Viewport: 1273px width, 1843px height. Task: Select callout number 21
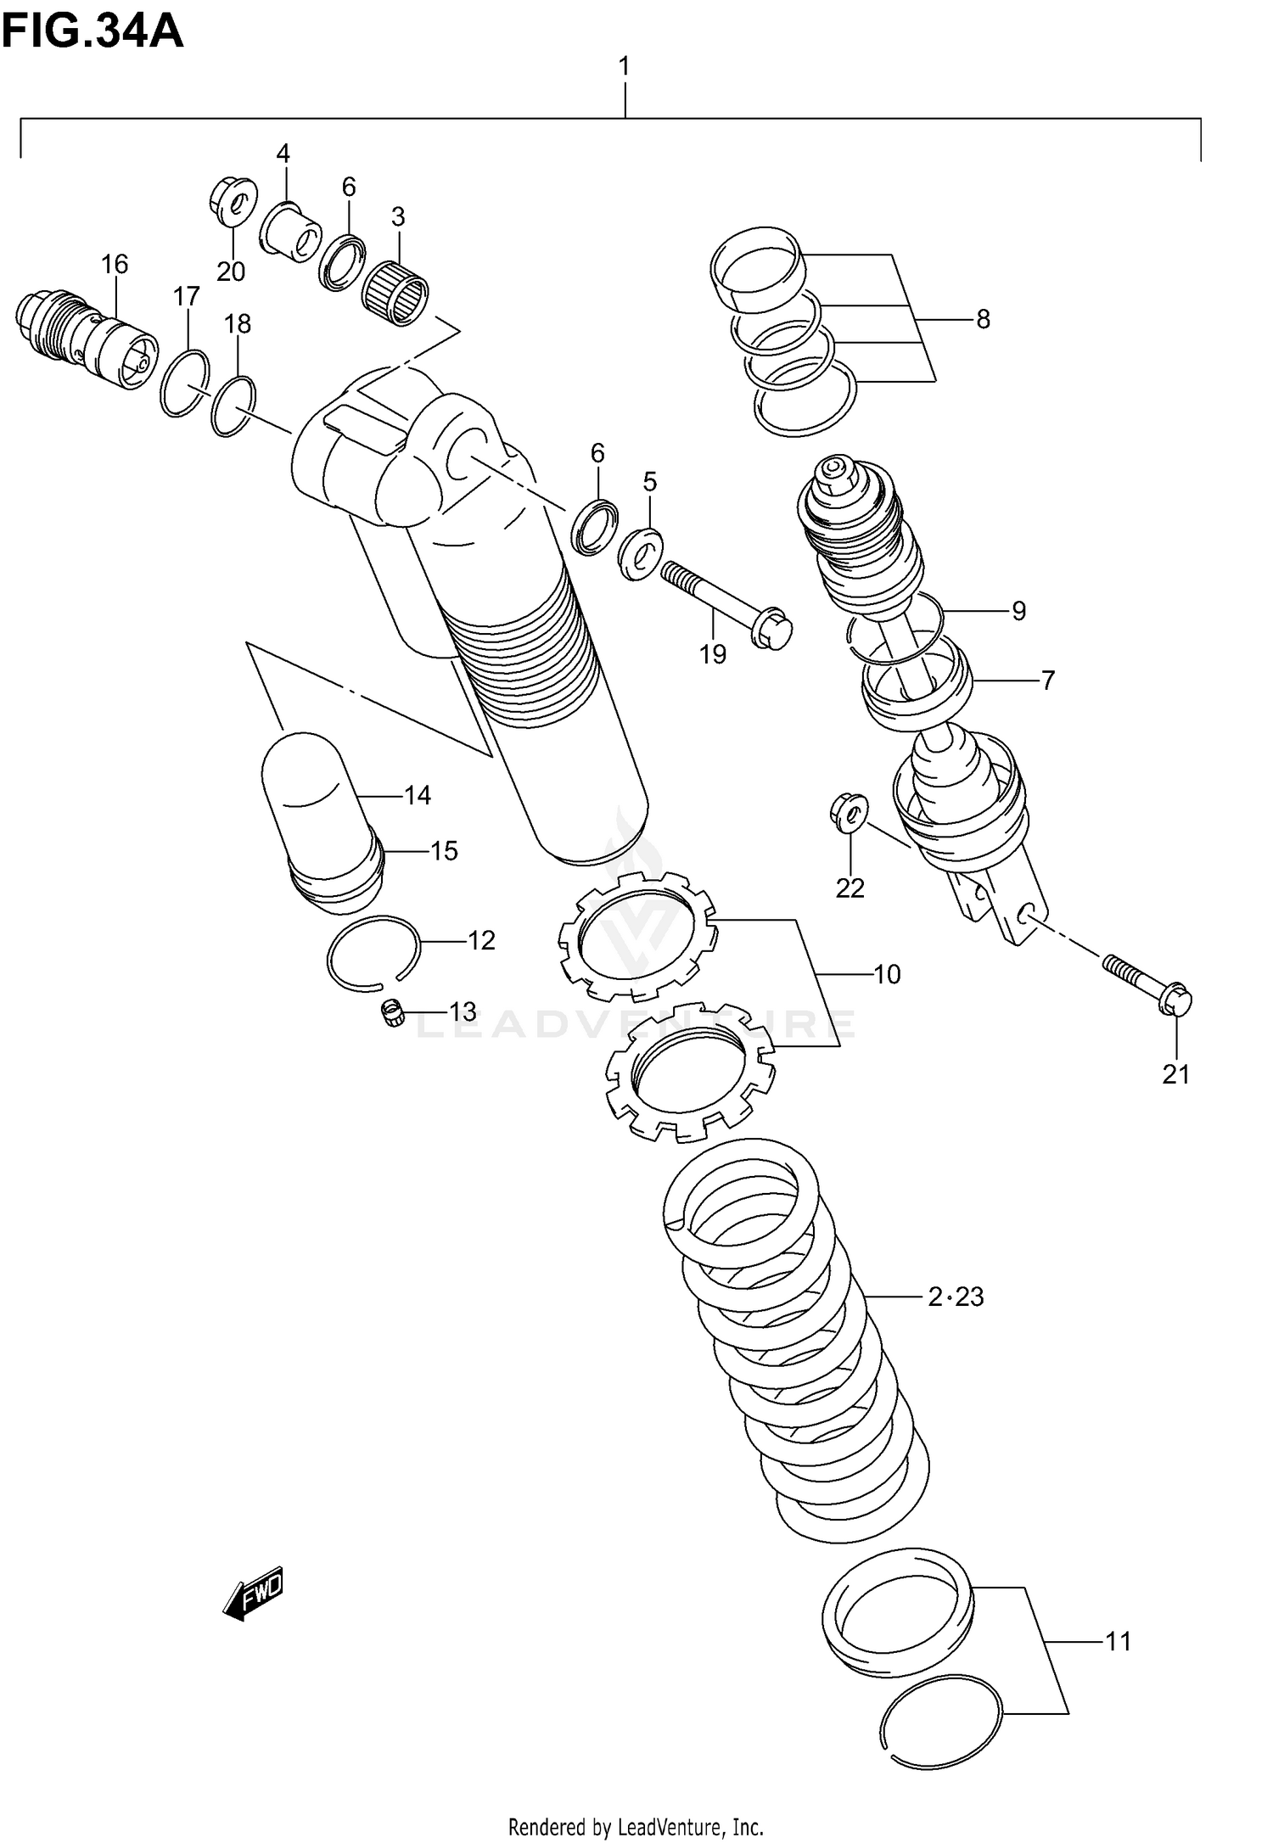click(x=1175, y=1075)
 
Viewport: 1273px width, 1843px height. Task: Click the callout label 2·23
click(x=956, y=1297)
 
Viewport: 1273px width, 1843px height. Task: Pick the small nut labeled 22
click(x=848, y=809)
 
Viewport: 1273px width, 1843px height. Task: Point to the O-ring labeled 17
click(x=185, y=383)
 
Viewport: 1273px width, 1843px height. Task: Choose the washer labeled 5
click(x=642, y=553)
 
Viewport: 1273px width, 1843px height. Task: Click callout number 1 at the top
click(x=625, y=66)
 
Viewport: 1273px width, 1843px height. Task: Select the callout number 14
click(x=418, y=795)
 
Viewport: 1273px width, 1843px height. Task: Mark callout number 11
click(x=1118, y=1642)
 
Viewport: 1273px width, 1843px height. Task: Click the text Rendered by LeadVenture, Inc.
click(x=636, y=1820)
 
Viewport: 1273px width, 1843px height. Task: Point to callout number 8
click(x=983, y=320)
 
